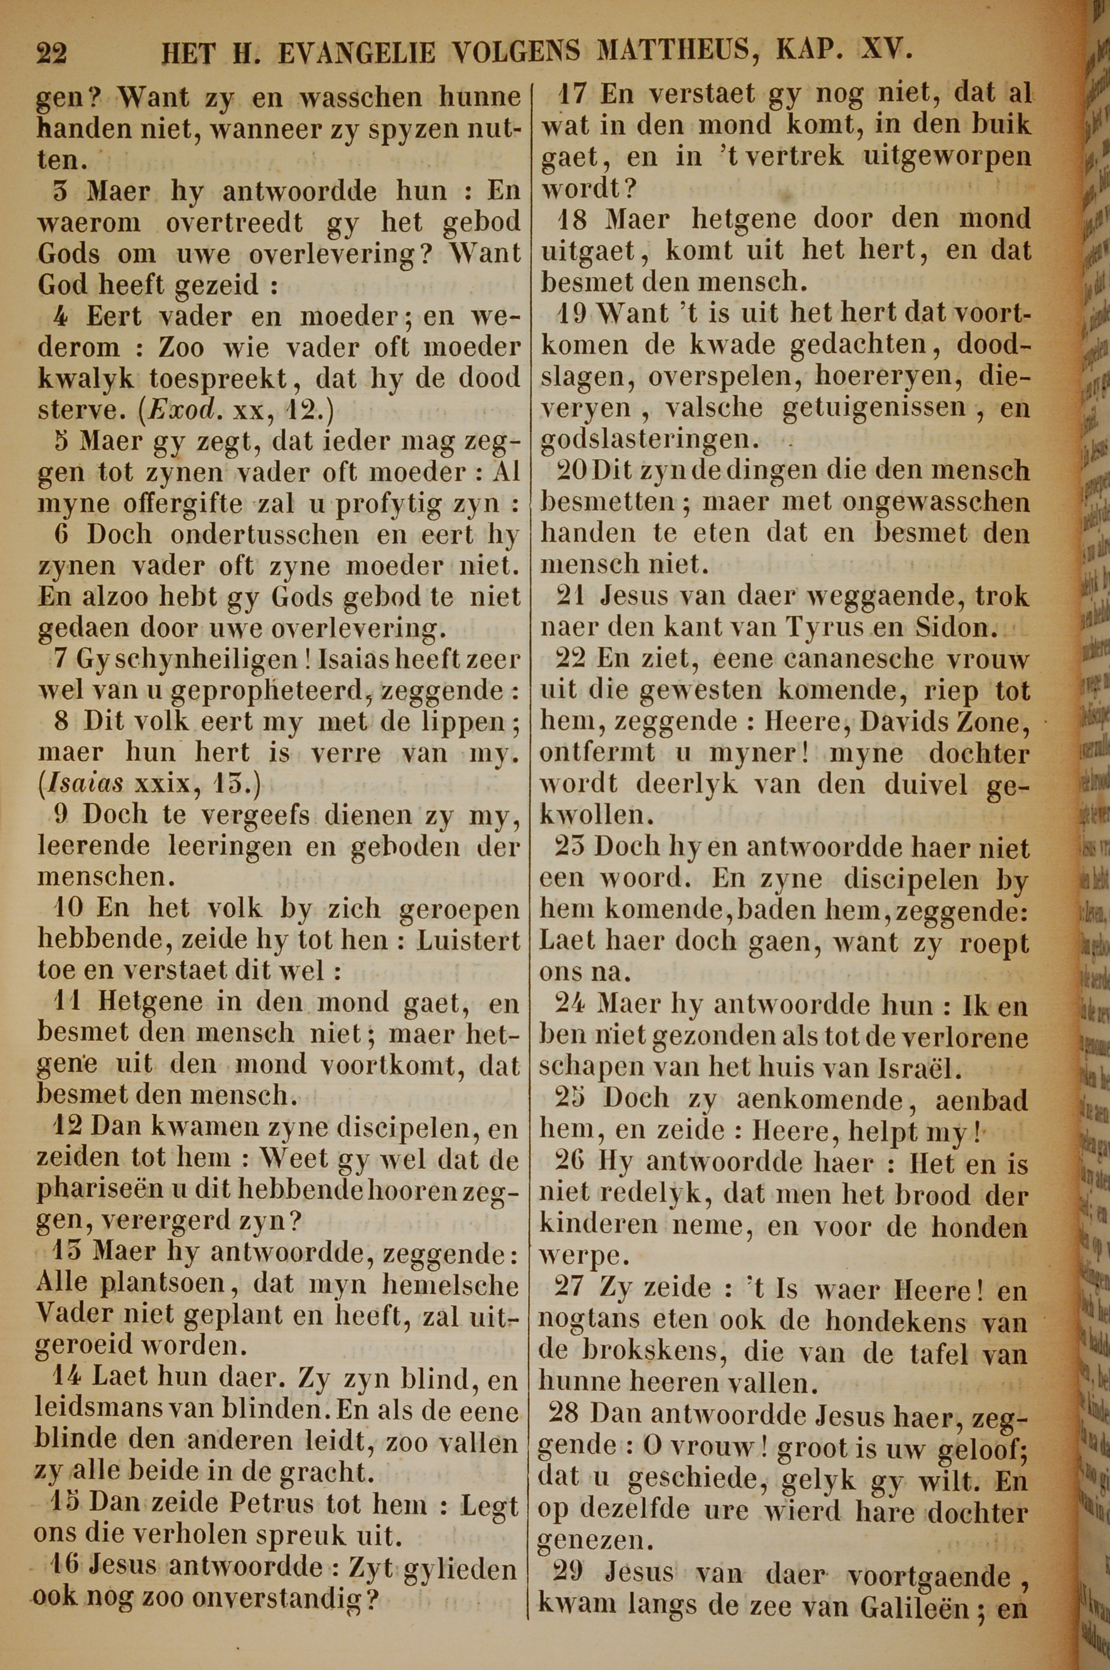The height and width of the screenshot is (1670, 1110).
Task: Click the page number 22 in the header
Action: point(52,53)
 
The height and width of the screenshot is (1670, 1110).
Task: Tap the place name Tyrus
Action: point(879,627)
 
